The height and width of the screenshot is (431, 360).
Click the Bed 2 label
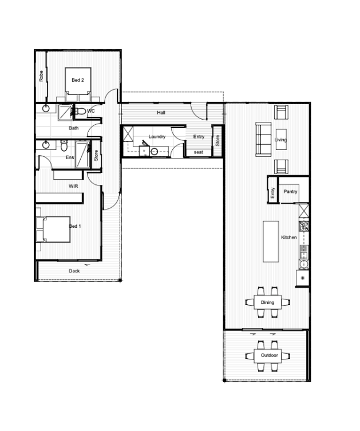[x=78, y=80]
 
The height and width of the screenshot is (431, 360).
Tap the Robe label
[x=41, y=76]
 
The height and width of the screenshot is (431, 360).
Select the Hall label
[x=161, y=112]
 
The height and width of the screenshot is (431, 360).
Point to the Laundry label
[x=157, y=137]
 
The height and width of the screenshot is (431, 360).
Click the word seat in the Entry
[x=199, y=152]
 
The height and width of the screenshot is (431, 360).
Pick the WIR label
[x=73, y=186]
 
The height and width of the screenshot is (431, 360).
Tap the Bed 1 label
[x=75, y=226]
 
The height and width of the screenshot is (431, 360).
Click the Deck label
[x=74, y=271]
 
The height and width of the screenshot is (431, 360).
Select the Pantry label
[x=291, y=191]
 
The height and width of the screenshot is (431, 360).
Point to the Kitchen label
[x=289, y=237]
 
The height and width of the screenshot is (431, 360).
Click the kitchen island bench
[x=271, y=242]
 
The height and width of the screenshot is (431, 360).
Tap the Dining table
[x=268, y=302]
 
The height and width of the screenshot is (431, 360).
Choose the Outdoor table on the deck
[x=268, y=355]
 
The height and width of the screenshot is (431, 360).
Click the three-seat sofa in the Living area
[x=263, y=140]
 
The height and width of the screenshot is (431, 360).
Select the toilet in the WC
[x=81, y=111]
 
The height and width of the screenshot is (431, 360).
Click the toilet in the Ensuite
[x=64, y=146]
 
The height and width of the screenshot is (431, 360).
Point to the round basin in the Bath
[x=46, y=108]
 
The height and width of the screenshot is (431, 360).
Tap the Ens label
[x=70, y=157]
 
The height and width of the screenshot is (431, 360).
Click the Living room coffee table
[x=281, y=139]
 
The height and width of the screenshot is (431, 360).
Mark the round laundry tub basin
[x=154, y=151]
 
